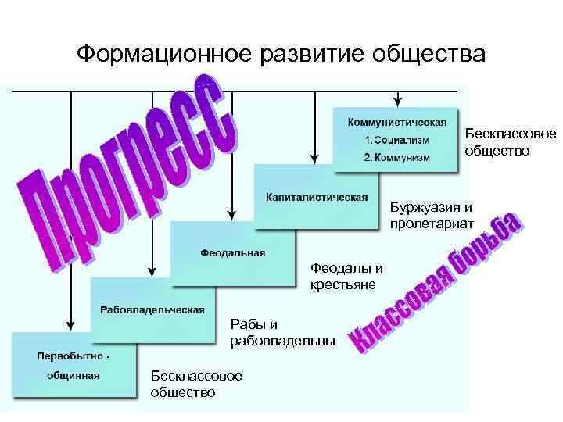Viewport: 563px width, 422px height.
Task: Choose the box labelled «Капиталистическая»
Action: (x=316, y=196)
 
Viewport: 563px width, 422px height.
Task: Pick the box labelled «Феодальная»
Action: (x=233, y=252)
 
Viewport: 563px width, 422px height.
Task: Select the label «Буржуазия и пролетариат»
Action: (x=432, y=215)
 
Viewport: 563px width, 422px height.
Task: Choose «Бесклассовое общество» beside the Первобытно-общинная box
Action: (x=196, y=384)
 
